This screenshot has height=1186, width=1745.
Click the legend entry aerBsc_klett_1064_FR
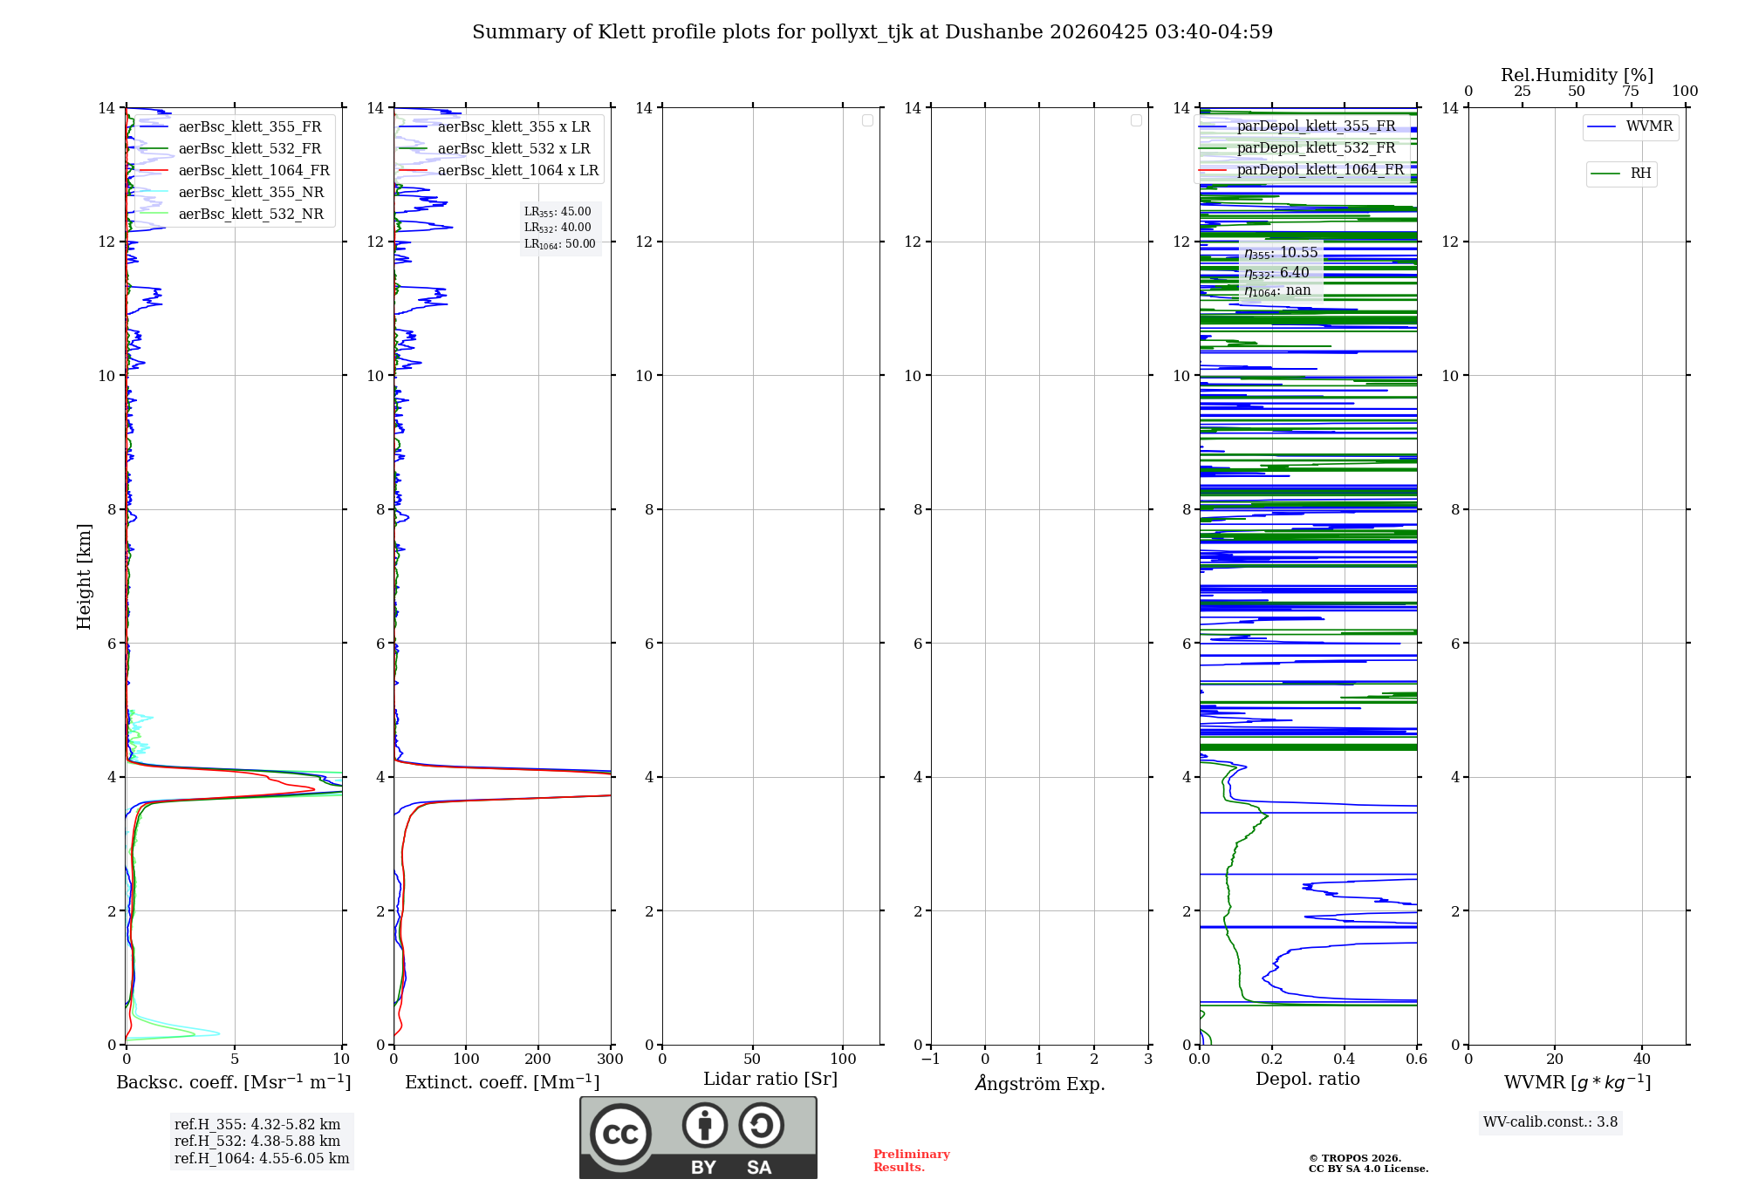tap(253, 171)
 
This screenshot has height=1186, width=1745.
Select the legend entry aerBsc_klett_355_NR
tap(250, 193)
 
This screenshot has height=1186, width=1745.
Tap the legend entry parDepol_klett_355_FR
tap(1316, 126)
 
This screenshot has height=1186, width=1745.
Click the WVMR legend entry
tap(1649, 126)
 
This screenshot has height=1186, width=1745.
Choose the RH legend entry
tap(1640, 174)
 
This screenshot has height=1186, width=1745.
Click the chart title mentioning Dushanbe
tap(872, 32)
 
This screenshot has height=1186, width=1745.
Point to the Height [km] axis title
tap(84, 576)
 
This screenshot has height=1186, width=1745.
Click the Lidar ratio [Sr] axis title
tap(770, 1080)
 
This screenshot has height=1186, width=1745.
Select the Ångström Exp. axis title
tap(1039, 1084)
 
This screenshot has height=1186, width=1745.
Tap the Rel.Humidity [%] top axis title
tap(1577, 75)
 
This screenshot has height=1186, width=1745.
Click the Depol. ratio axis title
tap(1307, 1080)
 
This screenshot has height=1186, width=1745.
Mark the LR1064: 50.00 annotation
tap(560, 244)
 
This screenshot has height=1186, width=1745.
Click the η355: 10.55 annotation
tap(1281, 253)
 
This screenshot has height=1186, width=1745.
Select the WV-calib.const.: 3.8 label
tap(1550, 1122)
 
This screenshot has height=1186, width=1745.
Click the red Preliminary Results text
tap(911, 1161)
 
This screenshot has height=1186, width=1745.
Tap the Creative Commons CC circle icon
tap(620, 1135)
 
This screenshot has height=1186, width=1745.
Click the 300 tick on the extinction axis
tap(610, 1060)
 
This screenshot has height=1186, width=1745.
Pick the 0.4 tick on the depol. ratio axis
tap(1344, 1060)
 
